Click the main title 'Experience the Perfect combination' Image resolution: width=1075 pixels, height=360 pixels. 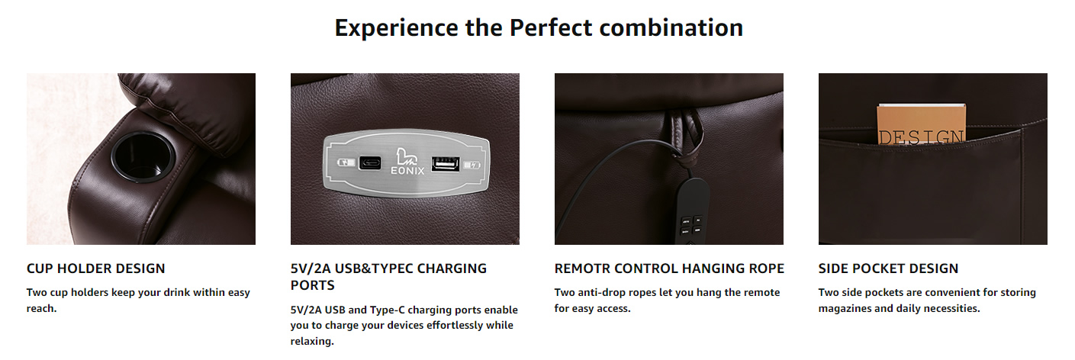(x=539, y=28)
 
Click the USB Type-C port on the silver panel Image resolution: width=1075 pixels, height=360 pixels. (x=370, y=162)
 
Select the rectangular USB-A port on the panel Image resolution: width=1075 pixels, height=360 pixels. (x=446, y=164)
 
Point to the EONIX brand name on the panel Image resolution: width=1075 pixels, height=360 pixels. (x=407, y=170)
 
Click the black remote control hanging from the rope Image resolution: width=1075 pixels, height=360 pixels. (x=692, y=211)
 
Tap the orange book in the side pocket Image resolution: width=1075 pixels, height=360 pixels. (x=921, y=124)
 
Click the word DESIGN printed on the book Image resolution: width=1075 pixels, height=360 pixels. (x=920, y=137)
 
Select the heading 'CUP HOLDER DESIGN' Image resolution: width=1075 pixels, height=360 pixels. (x=95, y=268)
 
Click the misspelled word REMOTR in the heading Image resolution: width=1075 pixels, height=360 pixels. (x=582, y=268)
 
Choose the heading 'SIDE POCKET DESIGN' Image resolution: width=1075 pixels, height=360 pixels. (x=888, y=268)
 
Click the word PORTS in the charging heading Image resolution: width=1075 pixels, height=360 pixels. (x=312, y=285)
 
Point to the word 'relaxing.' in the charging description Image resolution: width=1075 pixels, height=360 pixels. (x=312, y=341)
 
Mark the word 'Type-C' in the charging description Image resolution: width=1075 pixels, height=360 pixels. (x=385, y=310)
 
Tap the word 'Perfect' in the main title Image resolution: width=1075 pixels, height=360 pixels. (x=550, y=28)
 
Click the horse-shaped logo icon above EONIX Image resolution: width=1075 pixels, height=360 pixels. (x=406, y=156)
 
